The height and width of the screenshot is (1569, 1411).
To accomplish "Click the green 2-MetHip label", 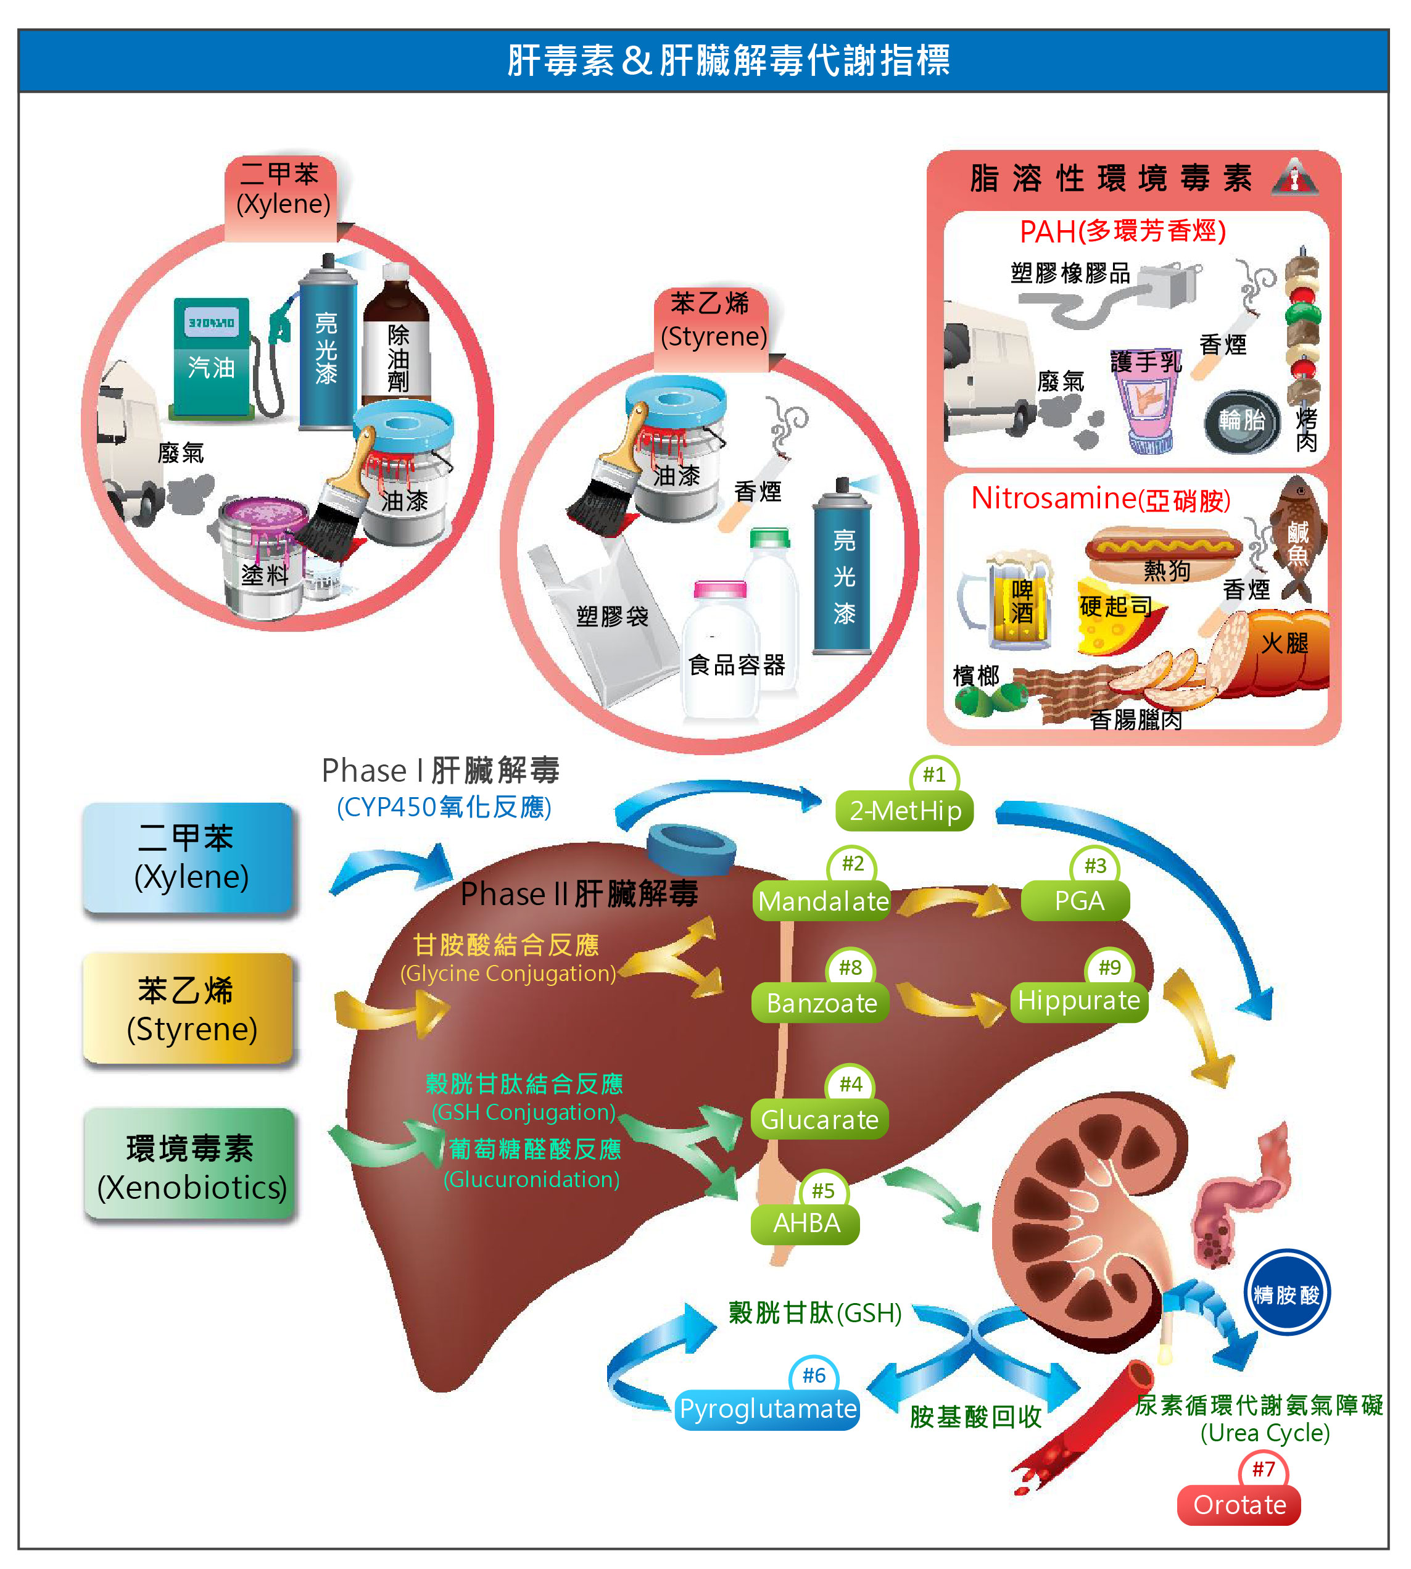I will click(x=904, y=811).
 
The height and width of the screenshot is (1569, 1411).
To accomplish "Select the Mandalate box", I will click(x=822, y=901).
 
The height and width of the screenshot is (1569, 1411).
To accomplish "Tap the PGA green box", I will click(x=1078, y=901).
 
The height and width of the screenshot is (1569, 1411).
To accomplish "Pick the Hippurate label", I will click(x=1078, y=1001).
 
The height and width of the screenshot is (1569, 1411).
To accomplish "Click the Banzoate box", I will click(x=821, y=1003).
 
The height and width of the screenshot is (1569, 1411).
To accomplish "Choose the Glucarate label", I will click(x=819, y=1119).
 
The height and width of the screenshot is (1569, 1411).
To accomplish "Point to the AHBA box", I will click(x=806, y=1223).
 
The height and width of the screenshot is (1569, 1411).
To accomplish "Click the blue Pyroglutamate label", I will click(x=768, y=1409).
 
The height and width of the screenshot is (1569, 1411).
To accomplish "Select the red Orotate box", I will click(x=1239, y=1505).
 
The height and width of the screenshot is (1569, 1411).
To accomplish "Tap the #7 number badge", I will click(x=1263, y=1468).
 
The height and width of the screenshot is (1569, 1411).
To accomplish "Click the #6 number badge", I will click(x=813, y=1375).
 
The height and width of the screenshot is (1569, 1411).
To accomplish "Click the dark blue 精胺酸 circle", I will click(x=1287, y=1294).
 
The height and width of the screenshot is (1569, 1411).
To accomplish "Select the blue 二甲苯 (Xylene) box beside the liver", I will click(x=188, y=858).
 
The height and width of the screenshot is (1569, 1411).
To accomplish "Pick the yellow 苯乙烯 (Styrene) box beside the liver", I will click(x=188, y=1009).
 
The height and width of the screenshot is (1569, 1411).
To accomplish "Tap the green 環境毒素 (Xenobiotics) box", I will click(x=190, y=1164).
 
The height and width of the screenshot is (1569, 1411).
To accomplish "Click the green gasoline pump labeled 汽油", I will click(x=212, y=357).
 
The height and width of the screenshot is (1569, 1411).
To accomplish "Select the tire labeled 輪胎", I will click(x=1241, y=421).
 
